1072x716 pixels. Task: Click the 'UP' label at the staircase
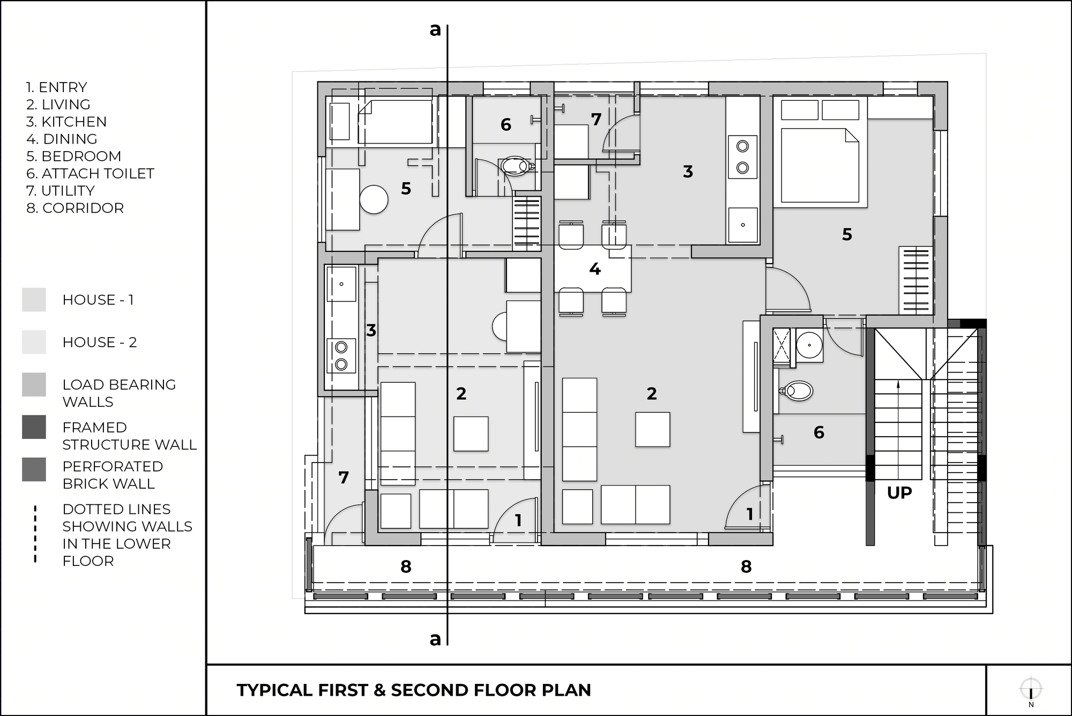899,493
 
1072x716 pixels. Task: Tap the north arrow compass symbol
1031,689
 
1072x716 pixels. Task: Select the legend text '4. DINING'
62,139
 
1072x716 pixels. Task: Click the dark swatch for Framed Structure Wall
34,427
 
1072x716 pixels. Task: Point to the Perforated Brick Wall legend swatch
34,469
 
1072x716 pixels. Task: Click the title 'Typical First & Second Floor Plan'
414,690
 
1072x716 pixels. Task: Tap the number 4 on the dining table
594,268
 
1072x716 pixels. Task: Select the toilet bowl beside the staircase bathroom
796,391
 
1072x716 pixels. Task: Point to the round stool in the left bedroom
374,200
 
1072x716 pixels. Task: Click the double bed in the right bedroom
820,167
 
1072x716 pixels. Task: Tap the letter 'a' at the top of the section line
435,30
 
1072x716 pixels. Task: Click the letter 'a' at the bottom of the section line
435,639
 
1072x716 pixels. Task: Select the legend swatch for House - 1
34,300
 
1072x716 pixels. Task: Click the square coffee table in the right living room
652,429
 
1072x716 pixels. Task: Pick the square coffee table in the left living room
471,434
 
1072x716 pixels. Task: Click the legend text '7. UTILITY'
61,191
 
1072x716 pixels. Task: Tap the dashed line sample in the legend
35,534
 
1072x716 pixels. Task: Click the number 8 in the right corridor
746,566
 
